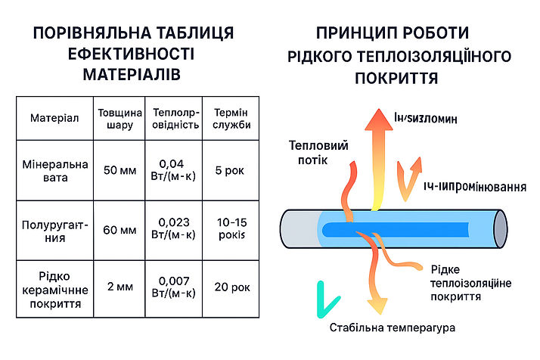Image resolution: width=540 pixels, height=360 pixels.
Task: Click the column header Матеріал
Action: tap(54, 119)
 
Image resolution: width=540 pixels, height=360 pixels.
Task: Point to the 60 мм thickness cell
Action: tap(117, 230)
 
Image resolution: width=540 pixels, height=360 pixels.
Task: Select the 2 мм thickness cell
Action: tap(117, 287)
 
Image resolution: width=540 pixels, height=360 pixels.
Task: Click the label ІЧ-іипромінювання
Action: tap(473, 186)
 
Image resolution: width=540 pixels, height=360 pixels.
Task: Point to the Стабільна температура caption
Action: tap(393, 329)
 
